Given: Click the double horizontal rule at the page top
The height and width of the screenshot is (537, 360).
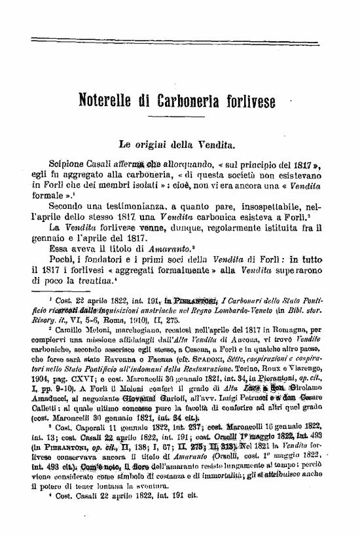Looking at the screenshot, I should (180, 42).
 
